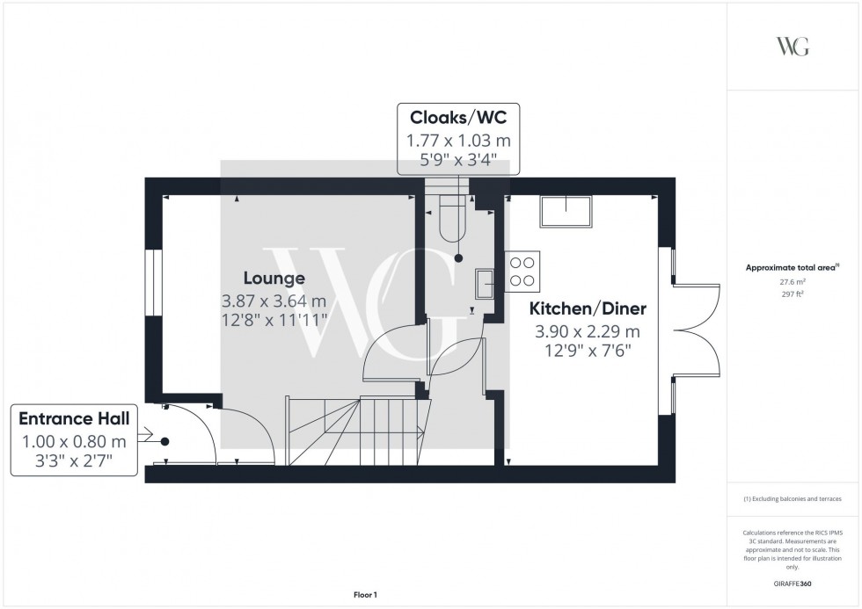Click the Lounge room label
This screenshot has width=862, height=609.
[x=274, y=279]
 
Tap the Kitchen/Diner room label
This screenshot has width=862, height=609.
[x=588, y=309]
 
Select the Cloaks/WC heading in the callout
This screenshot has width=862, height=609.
[x=458, y=117]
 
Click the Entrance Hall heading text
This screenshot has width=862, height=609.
[x=75, y=420]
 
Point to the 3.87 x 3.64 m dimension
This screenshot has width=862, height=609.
[x=274, y=301]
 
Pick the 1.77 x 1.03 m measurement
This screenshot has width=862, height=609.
[x=458, y=140]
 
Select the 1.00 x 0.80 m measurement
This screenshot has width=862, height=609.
[x=75, y=441]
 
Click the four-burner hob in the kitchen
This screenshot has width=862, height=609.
[x=523, y=270]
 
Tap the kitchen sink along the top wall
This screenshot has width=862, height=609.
[x=566, y=212]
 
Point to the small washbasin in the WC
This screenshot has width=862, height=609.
[x=485, y=283]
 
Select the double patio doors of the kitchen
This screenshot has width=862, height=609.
[x=695, y=330]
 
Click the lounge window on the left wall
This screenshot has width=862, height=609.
[x=153, y=283]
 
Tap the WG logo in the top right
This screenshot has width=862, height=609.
[x=793, y=47]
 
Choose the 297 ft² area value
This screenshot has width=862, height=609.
[x=793, y=294]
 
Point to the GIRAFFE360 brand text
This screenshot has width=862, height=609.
[x=793, y=583]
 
